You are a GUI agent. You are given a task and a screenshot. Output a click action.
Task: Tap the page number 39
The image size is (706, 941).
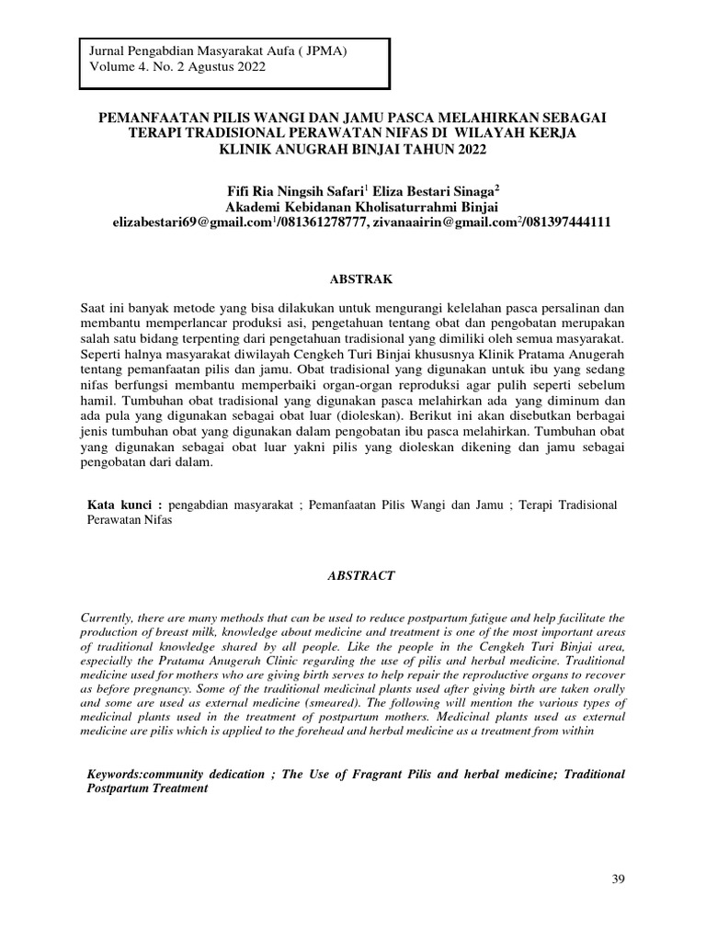pos(618,880)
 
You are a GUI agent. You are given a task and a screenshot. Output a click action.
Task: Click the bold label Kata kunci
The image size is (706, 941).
pos(124,505)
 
